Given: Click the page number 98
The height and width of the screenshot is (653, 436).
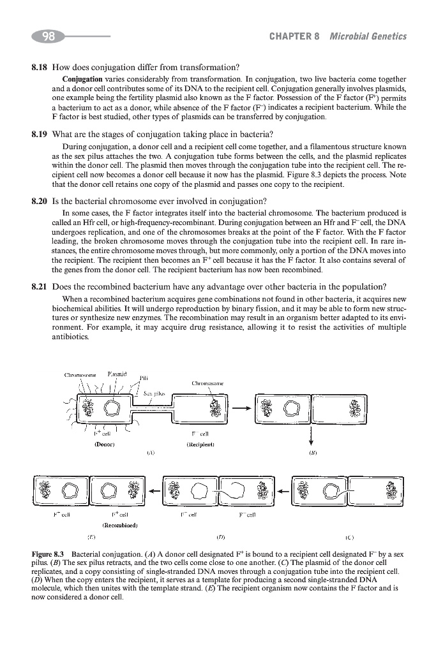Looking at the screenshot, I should (48, 36).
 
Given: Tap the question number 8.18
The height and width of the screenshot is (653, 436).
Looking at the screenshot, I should (40, 67).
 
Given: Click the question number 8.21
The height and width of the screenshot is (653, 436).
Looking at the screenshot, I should (40, 286).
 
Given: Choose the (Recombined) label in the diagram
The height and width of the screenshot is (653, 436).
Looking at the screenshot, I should (130, 527).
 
